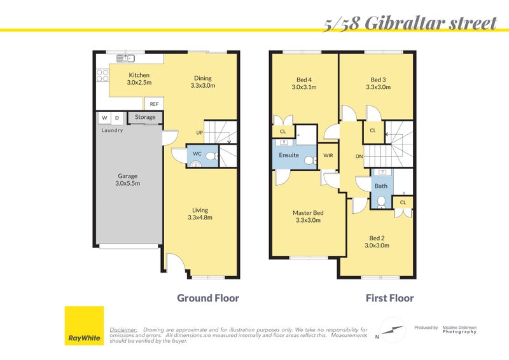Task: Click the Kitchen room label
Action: pos(139,74)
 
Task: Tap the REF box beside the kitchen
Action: pos(154,104)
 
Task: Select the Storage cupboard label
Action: pos(145,118)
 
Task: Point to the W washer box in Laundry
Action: pos(104,118)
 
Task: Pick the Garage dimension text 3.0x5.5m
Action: pos(127,184)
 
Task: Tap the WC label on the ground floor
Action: pos(197,153)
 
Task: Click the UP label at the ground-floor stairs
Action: pos(199,134)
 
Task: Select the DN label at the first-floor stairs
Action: pos(359,156)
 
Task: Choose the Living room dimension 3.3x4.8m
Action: pos(200,218)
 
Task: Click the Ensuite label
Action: pos(289,155)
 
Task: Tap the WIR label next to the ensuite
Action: pos(328,155)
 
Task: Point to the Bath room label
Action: pos(380,186)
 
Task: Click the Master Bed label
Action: pos(308,212)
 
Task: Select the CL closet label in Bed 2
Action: pos(403,202)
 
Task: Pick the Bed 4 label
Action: pos(304,80)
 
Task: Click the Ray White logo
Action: pos(84,326)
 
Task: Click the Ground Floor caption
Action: pos(207,298)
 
